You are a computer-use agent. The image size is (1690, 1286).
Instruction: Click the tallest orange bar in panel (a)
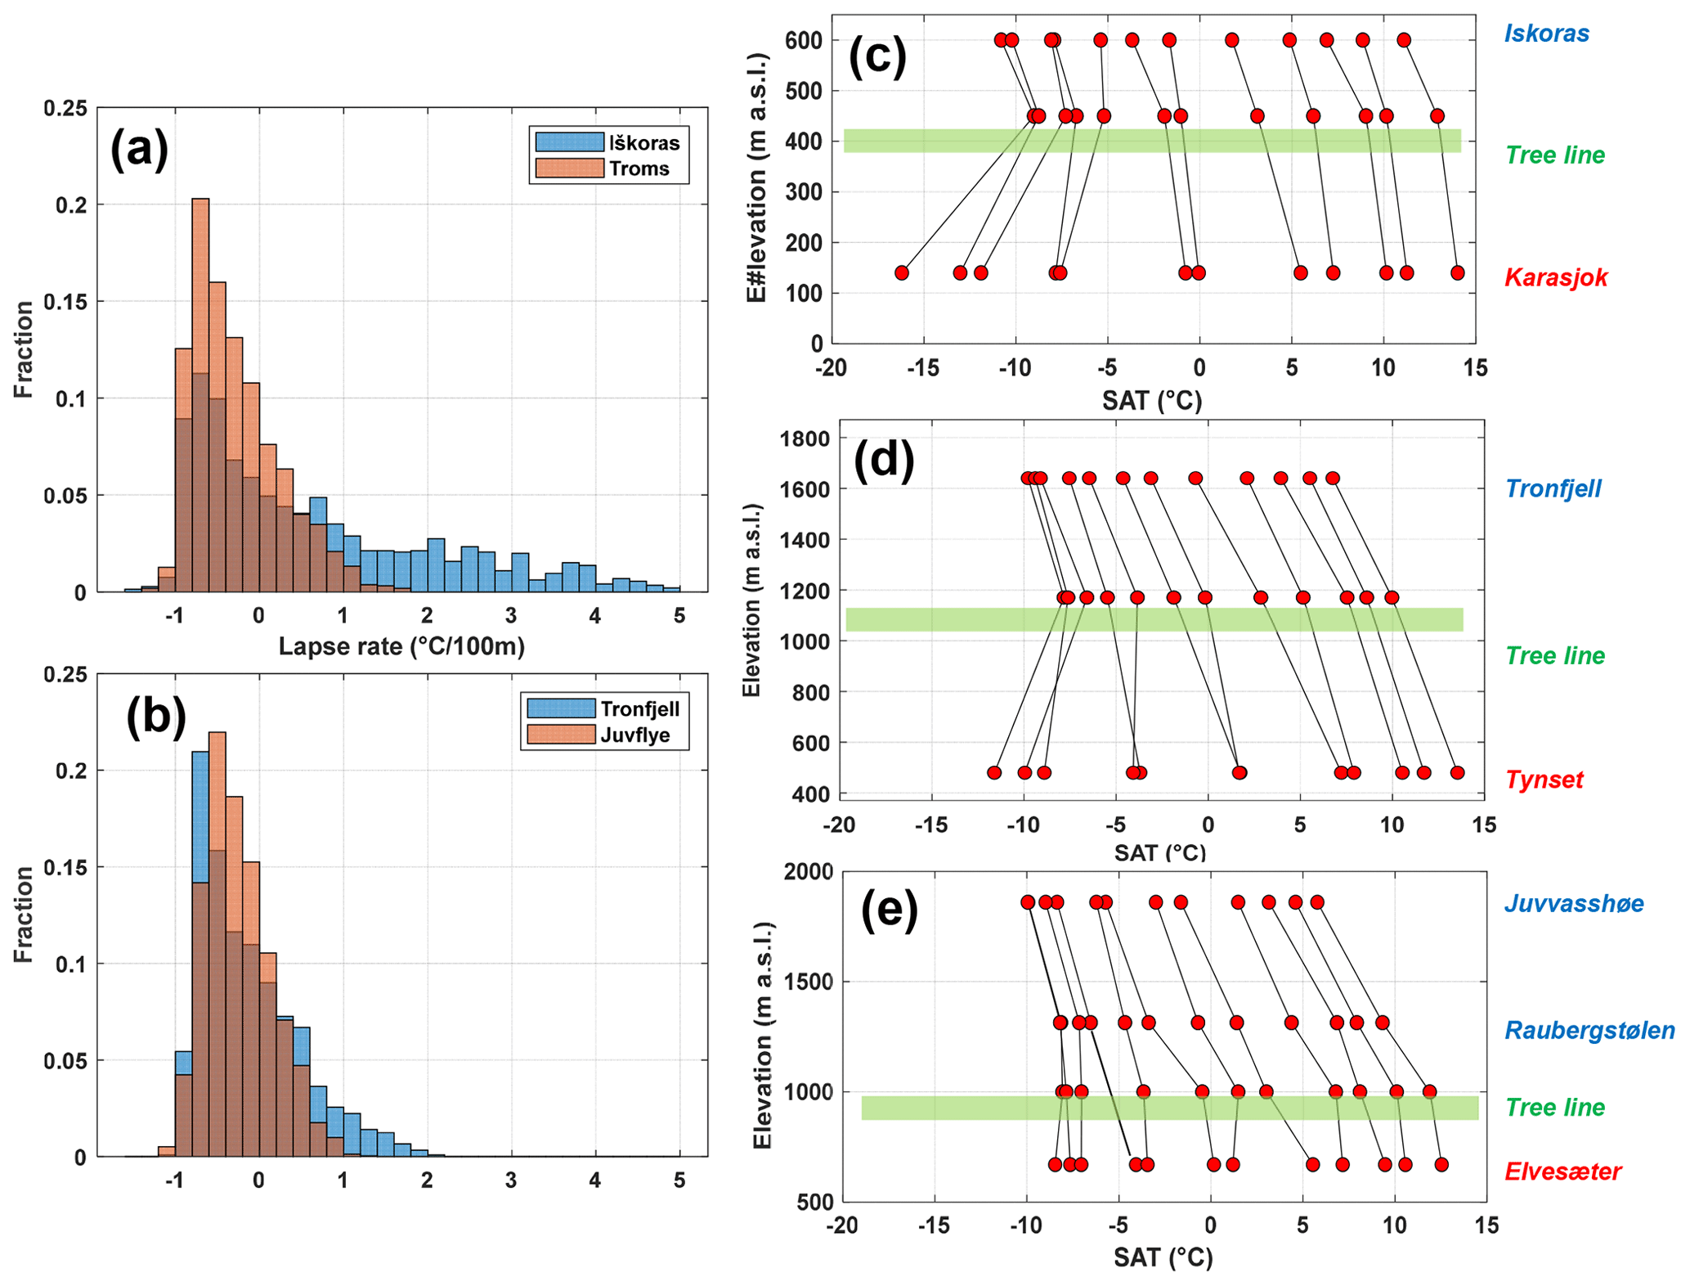click(x=200, y=393)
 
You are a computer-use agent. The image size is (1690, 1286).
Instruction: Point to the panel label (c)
click(x=877, y=57)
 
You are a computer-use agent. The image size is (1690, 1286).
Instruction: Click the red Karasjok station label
click(x=1555, y=278)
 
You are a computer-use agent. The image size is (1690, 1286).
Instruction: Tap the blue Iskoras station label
click(x=1546, y=34)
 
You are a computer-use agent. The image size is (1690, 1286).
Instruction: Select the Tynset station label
click(x=1544, y=780)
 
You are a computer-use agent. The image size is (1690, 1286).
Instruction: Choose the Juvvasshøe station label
click(x=1573, y=904)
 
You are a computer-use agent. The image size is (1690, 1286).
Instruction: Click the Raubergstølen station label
click(x=1589, y=1030)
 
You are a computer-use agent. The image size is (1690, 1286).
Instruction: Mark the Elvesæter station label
click(x=1562, y=1171)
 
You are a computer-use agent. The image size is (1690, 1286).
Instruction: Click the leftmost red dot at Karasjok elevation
click(x=901, y=272)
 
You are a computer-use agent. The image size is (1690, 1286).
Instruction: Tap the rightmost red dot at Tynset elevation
click(x=1457, y=772)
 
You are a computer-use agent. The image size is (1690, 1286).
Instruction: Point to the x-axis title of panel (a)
click(x=401, y=646)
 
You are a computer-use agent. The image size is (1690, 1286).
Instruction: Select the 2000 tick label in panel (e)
click(x=808, y=872)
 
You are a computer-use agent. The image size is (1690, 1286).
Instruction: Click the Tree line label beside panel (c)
click(x=1554, y=155)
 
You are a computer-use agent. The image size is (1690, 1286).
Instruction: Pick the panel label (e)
click(x=889, y=911)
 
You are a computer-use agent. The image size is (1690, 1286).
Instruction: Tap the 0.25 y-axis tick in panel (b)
click(x=65, y=675)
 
